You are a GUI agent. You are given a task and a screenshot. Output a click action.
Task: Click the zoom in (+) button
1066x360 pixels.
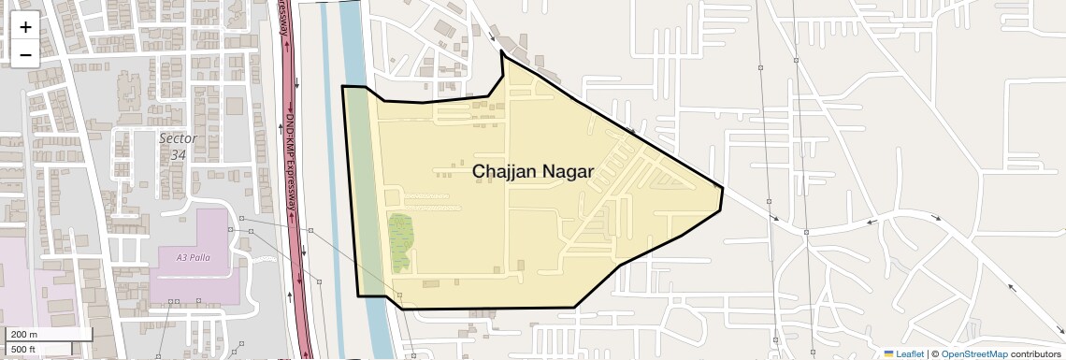tap(25, 27)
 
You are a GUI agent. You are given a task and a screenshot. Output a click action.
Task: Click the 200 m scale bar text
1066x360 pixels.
tap(24, 334)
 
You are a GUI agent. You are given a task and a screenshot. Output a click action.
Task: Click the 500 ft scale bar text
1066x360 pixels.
tap(24, 349)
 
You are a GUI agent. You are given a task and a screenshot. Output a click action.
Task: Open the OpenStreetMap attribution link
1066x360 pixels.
tap(973, 353)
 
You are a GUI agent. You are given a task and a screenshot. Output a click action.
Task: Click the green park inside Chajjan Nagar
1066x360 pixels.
tap(400, 242)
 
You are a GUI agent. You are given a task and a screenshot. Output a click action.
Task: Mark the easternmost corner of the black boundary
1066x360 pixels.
tap(722, 188)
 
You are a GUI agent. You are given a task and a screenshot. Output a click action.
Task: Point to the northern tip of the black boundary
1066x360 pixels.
tap(502, 52)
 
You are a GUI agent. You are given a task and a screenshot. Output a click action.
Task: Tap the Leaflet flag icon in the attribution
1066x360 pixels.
tap(888, 353)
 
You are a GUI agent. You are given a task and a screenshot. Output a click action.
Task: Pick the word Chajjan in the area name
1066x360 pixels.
tap(506, 171)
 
